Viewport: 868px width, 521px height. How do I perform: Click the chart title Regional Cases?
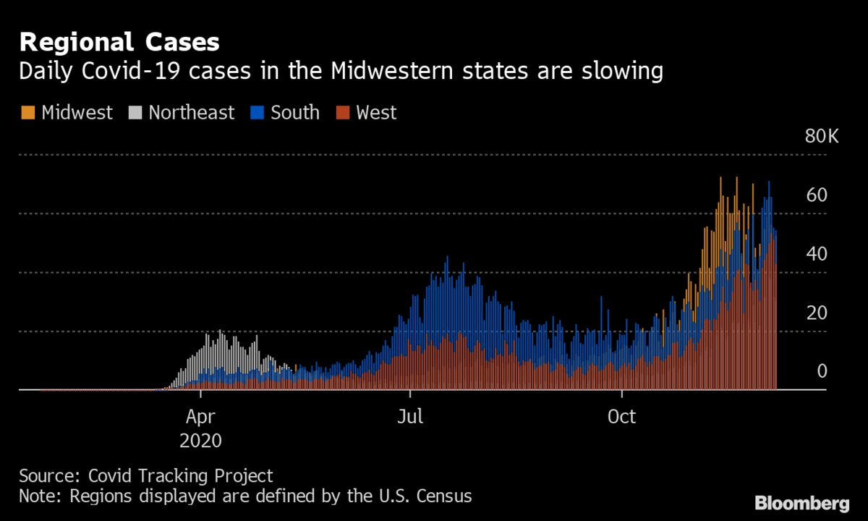[x=119, y=42]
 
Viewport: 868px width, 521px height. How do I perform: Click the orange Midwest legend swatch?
[x=27, y=113]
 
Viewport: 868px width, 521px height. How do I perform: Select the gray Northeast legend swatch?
[x=135, y=113]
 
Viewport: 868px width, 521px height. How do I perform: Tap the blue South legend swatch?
[x=257, y=113]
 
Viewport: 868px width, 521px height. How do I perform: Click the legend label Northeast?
[x=191, y=113]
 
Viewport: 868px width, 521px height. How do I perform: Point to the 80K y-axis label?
[x=822, y=136]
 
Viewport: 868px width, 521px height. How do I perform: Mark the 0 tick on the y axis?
[x=822, y=371]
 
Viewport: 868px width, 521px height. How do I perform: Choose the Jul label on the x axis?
[x=410, y=418]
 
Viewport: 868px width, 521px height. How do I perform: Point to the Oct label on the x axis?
[x=621, y=418]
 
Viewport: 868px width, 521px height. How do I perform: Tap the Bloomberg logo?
[x=801, y=503]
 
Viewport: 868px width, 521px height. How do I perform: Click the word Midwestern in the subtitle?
[x=391, y=72]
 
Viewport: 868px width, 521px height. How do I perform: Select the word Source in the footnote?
[x=48, y=476]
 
